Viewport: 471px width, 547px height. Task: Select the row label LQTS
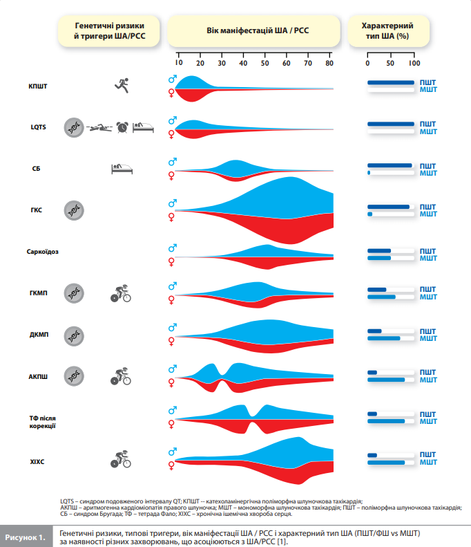coord(38,127)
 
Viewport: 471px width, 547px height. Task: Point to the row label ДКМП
coord(39,335)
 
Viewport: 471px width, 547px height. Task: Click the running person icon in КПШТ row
coord(122,85)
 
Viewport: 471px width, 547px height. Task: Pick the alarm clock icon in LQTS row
coord(122,127)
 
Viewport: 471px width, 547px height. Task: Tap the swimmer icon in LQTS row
coord(99,127)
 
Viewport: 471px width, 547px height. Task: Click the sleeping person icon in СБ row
coord(121,168)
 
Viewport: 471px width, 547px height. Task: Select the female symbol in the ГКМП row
coord(172,300)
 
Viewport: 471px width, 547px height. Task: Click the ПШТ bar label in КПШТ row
coord(428,82)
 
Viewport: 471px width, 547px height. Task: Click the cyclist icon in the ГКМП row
coord(121,293)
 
